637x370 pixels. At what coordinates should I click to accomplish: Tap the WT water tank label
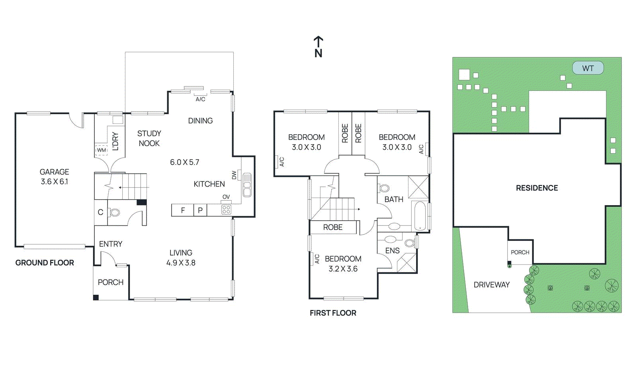588,68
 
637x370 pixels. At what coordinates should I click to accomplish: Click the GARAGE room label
55,172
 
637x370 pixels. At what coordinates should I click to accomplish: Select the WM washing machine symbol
102,150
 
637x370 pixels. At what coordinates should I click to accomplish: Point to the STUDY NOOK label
149,138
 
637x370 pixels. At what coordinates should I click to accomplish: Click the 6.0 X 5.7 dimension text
184,162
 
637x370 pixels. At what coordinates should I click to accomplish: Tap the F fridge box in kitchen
183,210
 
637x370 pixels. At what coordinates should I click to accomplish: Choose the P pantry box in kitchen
200,210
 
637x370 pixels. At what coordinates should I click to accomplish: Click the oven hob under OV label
226,209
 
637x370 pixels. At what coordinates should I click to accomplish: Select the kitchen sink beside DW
247,185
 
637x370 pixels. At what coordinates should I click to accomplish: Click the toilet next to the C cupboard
114,212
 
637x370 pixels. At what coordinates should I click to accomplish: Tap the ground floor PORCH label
111,282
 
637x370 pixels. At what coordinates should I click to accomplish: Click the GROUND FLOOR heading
45,263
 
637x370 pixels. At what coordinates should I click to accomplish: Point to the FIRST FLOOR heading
333,313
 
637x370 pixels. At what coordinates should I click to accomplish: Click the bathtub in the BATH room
420,216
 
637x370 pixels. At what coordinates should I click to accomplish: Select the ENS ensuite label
392,251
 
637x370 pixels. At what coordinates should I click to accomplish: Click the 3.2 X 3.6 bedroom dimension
343,269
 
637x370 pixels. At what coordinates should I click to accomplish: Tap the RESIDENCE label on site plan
537,188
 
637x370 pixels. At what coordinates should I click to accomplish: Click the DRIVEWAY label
491,285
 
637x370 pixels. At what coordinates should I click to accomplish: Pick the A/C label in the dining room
200,99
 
